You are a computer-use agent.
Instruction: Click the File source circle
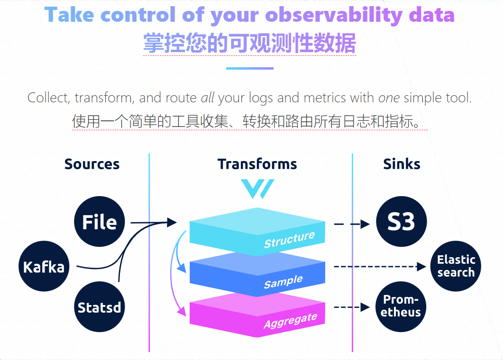[x=99, y=222]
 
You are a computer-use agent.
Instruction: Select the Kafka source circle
[x=44, y=267]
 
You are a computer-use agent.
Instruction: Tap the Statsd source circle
[x=99, y=307]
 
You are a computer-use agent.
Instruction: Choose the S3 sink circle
[x=401, y=222]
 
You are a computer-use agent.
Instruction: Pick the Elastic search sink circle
[x=456, y=266]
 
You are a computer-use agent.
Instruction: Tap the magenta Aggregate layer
[x=257, y=315]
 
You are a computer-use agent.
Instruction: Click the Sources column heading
[x=92, y=164]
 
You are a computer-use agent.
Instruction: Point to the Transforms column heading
[x=257, y=164]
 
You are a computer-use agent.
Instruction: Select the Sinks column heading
[x=402, y=164]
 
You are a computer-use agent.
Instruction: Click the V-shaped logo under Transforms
[x=257, y=189]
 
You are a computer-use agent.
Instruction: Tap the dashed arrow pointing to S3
[x=351, y=224]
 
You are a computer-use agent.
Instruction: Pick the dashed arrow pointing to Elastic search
[x=379, y=267]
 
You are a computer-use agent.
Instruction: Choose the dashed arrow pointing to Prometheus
[x=351, y=307]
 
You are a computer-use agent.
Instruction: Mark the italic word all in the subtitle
[x=208, y=98]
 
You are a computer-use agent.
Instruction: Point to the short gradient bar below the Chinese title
[x=250, y=68]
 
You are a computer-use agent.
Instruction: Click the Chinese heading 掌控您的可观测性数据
[x=250, y=44]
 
